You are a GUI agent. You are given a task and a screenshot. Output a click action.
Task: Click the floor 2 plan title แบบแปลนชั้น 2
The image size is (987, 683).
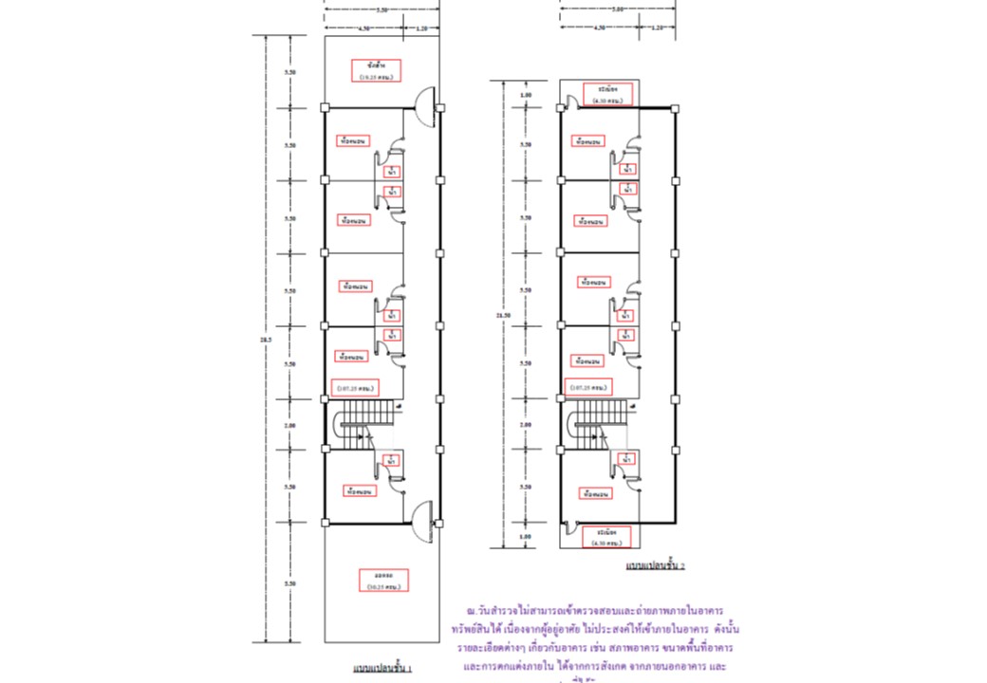tap(656, 565)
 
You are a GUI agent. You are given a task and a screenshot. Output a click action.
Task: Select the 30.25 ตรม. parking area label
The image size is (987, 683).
tap(383, 581)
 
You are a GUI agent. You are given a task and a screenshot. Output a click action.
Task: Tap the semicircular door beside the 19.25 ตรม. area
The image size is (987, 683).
tap(426, 100)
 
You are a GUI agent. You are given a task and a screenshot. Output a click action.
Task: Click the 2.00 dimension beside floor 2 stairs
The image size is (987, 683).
tap(526, 425)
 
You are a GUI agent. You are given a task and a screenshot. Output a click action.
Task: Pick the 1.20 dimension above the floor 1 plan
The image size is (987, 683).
tap(421, 28)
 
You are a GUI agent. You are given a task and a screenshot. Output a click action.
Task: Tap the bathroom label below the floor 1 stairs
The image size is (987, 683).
tap(391, 461)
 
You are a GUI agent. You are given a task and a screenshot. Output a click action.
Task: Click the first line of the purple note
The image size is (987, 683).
tap(595, 612)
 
